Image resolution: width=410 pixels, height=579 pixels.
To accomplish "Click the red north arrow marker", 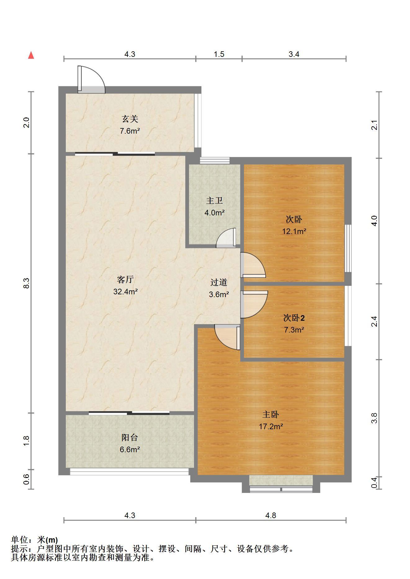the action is click(31, 55).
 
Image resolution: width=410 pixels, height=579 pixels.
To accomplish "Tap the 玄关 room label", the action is click(130, 119).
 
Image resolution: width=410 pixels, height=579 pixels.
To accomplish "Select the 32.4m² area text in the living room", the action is click(125, 292).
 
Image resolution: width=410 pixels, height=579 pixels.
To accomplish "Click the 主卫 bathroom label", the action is click(214, 201).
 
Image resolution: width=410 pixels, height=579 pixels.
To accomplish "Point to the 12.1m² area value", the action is click(294, 231).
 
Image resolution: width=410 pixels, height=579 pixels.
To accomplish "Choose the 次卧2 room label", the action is click(294, 318).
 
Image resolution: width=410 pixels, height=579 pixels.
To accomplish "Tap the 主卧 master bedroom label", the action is click(271, 415).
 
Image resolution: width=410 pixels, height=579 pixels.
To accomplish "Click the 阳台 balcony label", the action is click(130, 438).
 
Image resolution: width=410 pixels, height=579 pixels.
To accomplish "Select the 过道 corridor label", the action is click(219, 283).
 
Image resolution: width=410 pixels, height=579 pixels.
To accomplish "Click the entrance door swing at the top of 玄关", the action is click(91, 79).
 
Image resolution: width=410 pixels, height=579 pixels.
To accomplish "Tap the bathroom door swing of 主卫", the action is click(226, 238).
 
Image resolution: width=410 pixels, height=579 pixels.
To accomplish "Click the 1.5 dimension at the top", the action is click(219, 54).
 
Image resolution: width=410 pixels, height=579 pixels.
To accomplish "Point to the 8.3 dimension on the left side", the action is click(27, 283).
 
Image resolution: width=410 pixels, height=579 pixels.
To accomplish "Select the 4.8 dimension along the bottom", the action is click(271, 515).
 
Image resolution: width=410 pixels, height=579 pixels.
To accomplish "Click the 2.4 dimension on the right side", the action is click(375, 321).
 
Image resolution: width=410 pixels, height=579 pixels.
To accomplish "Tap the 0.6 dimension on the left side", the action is click(27, 479).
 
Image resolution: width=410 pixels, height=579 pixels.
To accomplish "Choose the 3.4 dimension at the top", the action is click(294, 54).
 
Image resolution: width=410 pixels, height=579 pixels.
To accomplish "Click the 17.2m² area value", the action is click(271, 426).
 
